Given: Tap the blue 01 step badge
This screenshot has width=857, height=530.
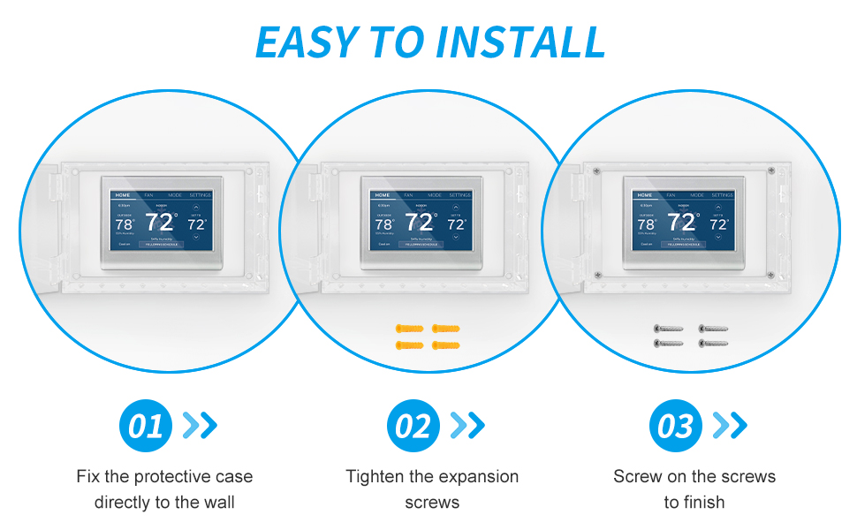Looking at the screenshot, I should coord(145,426).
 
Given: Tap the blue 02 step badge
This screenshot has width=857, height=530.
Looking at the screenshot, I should coord(413,426).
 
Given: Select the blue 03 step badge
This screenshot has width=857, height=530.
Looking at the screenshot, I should coord(676,426).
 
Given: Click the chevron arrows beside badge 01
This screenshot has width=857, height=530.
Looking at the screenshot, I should coord(200,426).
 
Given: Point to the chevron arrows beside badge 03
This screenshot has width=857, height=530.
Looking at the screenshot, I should coord(730,426).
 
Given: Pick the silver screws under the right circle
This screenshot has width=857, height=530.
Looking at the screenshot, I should coord(691,336).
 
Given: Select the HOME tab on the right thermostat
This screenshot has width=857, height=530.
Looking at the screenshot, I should coord(645,194).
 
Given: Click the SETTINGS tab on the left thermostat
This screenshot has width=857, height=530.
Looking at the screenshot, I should coord(201,194).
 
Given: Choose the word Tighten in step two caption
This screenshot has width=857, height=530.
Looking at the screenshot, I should coord(375,476).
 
